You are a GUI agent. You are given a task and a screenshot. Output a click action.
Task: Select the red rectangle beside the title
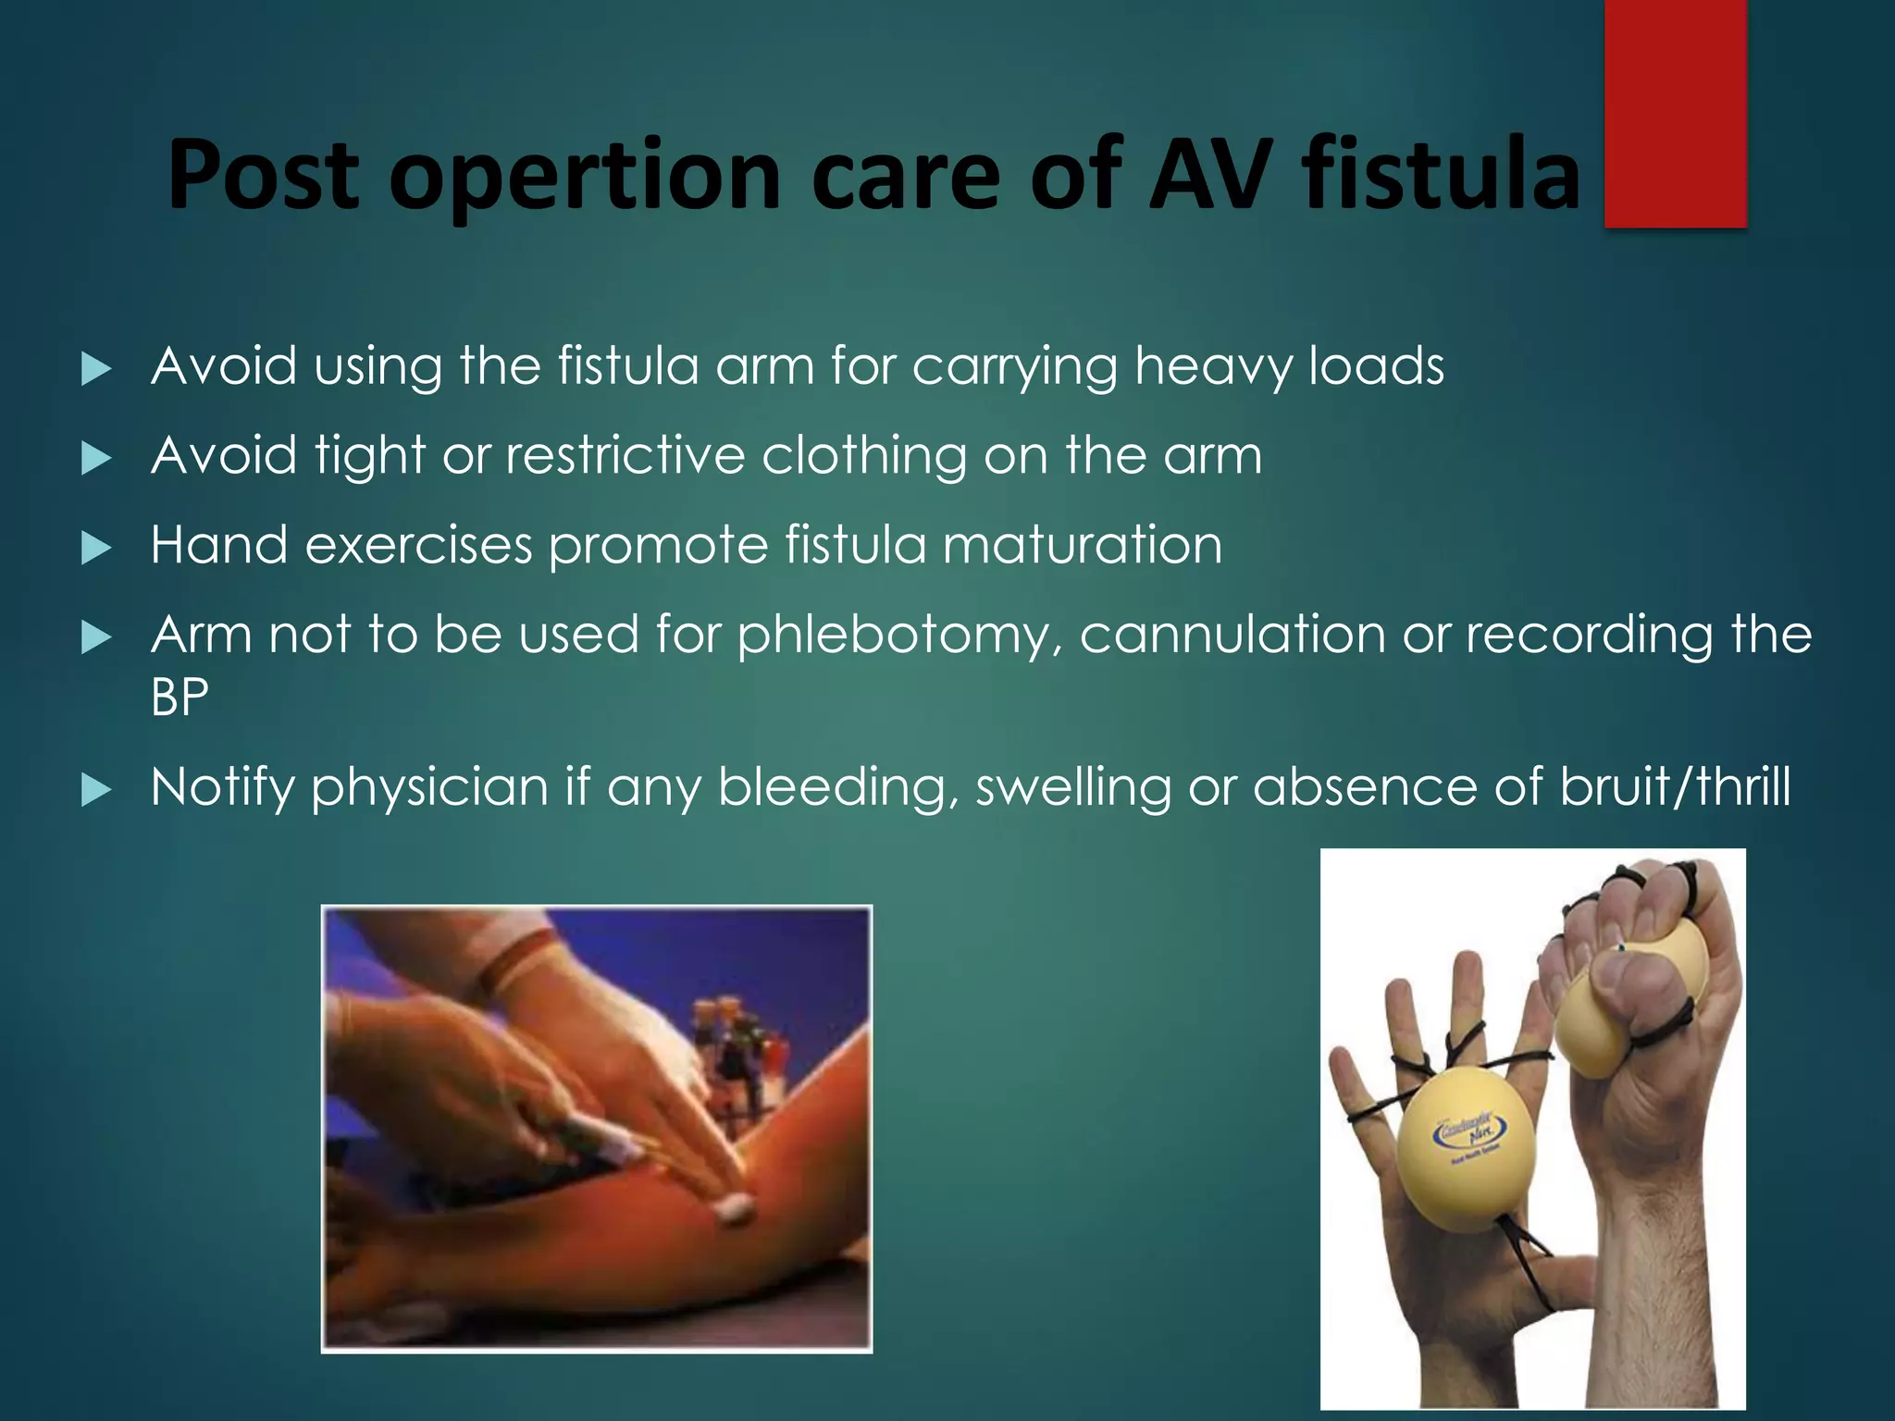(1675, 113)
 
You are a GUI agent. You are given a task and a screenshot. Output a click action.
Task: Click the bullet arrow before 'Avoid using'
(96, 369)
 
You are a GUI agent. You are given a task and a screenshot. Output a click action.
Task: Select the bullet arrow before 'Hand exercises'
(96, 548)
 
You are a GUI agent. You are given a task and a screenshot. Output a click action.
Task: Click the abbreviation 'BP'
(180, 697)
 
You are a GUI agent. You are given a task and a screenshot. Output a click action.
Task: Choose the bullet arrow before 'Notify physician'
(96, 790)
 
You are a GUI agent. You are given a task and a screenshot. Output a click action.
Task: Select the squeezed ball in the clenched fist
(1629, 999)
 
